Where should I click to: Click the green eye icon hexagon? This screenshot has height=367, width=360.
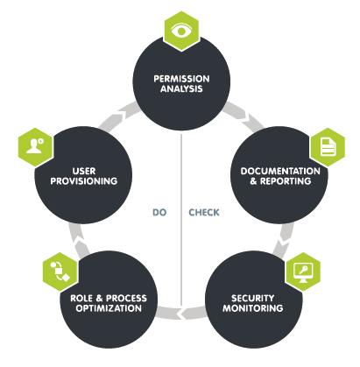pos(181,32)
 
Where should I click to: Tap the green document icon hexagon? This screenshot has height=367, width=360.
pos(328,147)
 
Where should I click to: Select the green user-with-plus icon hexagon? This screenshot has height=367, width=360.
pos(36,147)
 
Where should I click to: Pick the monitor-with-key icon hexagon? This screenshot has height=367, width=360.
pos(303,272)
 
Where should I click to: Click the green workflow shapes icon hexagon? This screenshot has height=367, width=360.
pos(60,272)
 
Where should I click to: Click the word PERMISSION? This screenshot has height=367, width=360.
pos(181,79)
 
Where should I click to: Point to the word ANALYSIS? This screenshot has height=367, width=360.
pos(181,88)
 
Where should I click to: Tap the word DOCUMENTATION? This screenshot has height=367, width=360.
pos(280,171)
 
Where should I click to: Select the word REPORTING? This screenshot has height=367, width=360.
pos(286,181)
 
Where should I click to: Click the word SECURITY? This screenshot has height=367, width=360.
pos(252,298)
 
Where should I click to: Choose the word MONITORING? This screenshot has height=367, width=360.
pos(253,308)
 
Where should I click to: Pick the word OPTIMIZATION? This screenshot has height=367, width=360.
pos(109,308)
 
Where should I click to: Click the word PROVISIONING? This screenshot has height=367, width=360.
pos(84,181)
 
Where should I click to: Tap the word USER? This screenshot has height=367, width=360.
pos(84,171)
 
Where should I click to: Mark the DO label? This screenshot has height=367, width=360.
pos(159,212)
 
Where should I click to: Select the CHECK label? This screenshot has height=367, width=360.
pos(204,212)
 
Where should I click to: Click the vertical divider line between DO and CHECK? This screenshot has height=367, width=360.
pos(181,221)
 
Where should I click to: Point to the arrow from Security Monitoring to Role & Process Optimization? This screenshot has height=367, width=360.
pos(181,313)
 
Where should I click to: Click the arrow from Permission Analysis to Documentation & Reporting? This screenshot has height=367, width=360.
pos(244,116)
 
